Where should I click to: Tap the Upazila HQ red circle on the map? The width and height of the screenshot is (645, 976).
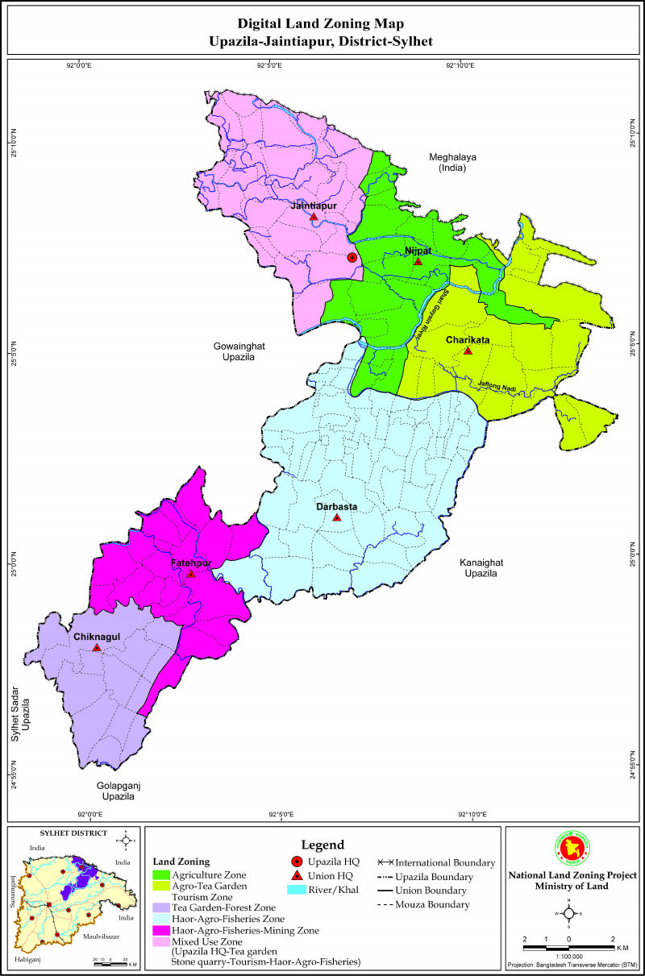click(352, 257)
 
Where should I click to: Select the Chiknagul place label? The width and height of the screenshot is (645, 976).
click(97, 637)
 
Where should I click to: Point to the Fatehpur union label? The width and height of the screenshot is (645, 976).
click(190, 563)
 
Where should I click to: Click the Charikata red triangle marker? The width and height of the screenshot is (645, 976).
click(468, 351)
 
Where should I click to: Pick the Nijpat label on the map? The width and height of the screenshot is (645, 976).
click(418, 251)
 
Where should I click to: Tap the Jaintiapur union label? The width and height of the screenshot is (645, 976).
click(314, 206)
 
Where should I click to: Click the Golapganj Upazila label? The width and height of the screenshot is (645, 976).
click(113, 790)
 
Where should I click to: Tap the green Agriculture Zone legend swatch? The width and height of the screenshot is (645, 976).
click(161, 874)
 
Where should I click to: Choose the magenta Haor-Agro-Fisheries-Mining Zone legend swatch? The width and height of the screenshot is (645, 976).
click(161, 930)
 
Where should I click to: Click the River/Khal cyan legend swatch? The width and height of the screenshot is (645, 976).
click(297, 890)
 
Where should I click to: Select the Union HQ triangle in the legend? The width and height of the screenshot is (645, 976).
click(297, 875)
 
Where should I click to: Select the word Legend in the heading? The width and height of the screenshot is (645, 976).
click(323, 844)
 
